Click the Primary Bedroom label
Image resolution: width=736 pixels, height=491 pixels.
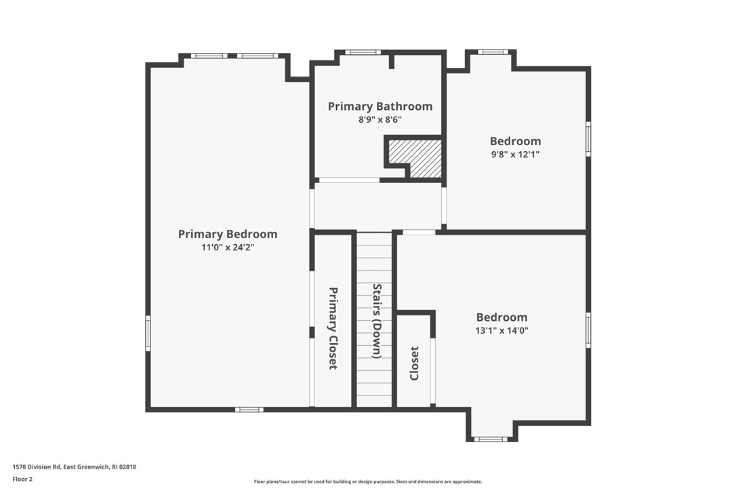pos(228,234)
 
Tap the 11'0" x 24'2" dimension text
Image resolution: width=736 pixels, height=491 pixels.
pos(228,247)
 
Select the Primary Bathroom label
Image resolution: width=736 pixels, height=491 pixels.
pos(380,106)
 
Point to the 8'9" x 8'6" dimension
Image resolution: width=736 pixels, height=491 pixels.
pos(380,119)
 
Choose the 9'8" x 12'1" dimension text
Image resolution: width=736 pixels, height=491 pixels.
pos(515,154)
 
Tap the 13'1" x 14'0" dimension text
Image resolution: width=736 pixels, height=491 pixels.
pos(502,330)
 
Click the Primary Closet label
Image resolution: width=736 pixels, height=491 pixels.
pos(333,328)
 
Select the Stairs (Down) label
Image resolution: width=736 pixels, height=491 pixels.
pos(376,321)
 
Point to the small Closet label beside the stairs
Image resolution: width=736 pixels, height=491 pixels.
pos(414,364)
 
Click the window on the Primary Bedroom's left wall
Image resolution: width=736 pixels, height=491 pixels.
pos(148,333)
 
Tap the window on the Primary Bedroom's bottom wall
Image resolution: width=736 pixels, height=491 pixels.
pos(249,410)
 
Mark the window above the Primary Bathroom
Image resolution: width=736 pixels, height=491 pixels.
pos(363,52)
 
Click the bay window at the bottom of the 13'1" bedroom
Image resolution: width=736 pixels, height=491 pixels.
pos(491,439)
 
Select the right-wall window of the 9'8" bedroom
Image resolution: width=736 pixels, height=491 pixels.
pos(588,139)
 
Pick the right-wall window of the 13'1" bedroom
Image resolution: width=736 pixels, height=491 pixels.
pos(588,330)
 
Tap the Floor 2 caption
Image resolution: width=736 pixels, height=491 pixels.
pos(22,479)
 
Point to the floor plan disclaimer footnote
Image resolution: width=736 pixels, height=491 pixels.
pos(368,482)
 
